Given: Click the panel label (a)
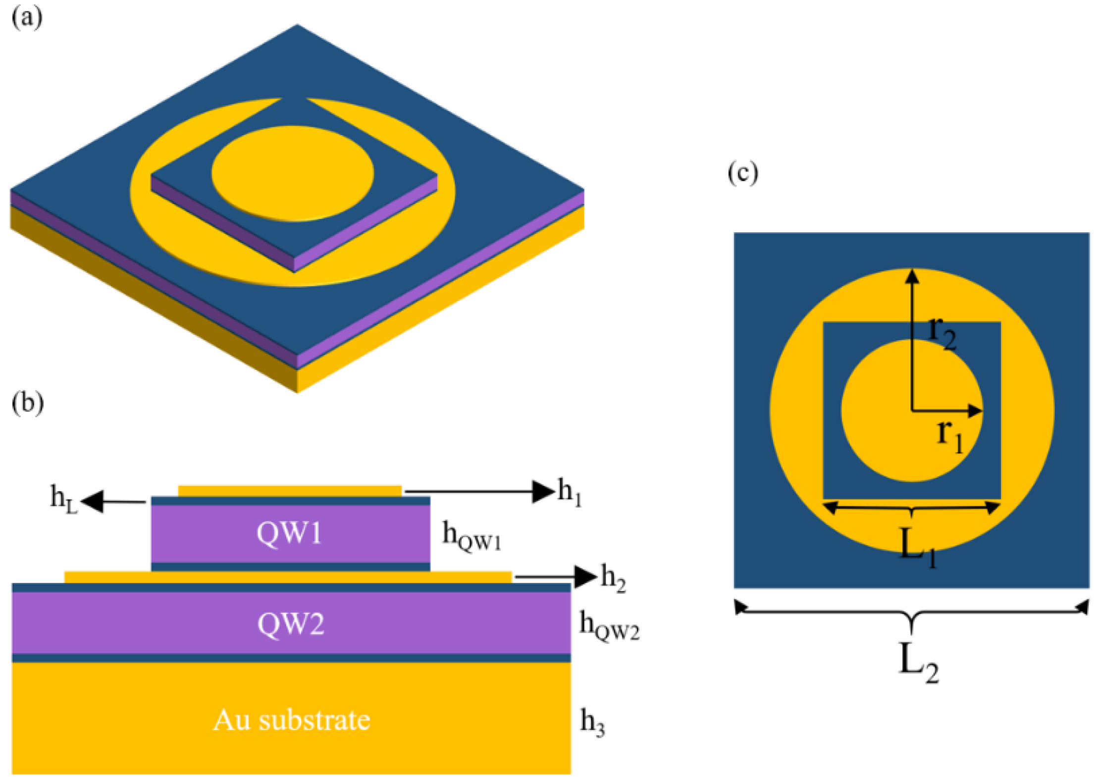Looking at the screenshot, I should [27, 19].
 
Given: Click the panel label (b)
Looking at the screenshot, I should [27, 403].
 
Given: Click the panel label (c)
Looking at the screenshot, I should [742, 173].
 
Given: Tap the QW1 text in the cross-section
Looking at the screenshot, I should [289, 534].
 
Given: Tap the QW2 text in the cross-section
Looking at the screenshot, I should [291, 624].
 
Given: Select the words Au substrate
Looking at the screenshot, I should [291, 720].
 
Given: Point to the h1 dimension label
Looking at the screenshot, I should [570, 492].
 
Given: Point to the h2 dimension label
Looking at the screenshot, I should [613, 578].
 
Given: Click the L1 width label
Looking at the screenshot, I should [918, 547].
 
